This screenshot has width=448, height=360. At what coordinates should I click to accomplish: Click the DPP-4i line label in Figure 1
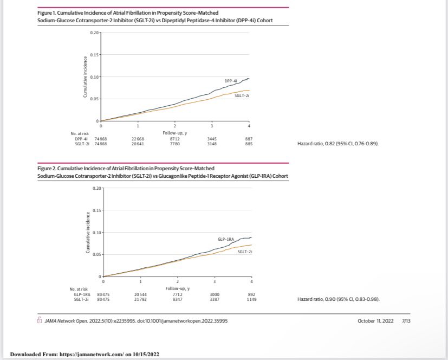tap(231, 80)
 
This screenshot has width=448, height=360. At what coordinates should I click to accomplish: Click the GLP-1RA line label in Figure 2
tap(226, 239)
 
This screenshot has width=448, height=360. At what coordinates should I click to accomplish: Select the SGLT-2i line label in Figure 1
tap(242, 95)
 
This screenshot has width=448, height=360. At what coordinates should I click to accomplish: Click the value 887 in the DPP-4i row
tap(249, 139)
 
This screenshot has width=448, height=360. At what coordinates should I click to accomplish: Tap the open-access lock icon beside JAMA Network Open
tap(39, 320)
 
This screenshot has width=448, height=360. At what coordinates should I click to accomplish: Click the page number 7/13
tap(406, 320)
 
